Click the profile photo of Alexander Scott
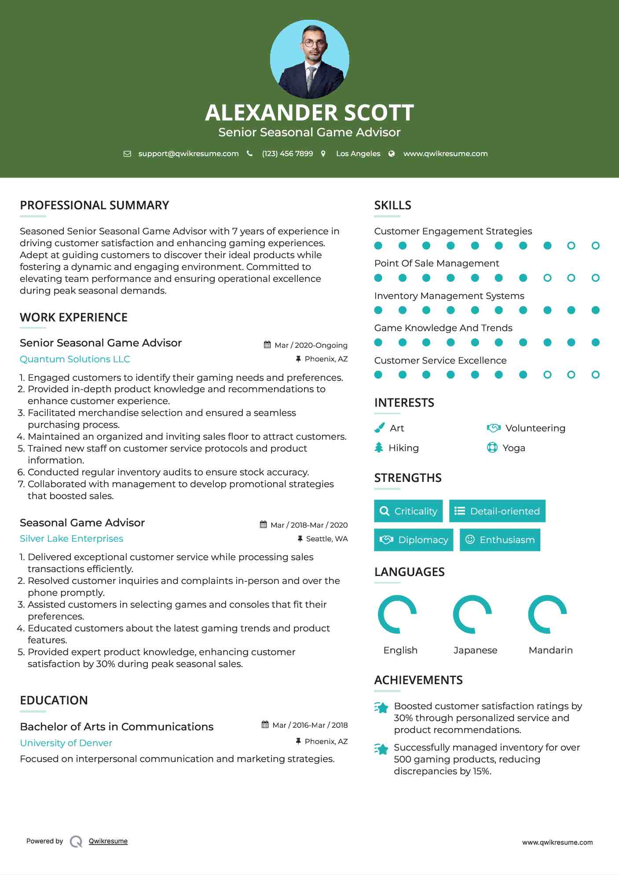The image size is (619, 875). (309, 59)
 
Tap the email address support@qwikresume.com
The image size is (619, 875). (188, 153)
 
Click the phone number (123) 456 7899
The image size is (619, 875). (287, 153)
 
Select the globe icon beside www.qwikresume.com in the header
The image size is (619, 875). (392, 153)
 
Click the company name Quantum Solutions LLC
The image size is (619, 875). (75, 359)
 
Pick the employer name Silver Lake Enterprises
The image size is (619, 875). (71, 539)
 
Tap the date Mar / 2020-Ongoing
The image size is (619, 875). (311, 345)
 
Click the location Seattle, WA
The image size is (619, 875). (326, 539)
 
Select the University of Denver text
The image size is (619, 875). (66, 743)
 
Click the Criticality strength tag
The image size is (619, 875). (408, 511)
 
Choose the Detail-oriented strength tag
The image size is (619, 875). (497, 511)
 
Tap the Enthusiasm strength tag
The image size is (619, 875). (500, 540)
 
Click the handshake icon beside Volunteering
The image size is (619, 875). (494, 428)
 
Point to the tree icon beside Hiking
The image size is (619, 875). (379, 448)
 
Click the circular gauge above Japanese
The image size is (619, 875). (472, 614)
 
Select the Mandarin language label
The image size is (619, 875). (550, 650)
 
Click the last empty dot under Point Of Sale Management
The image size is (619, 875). (595, 278)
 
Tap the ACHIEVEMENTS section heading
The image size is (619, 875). (418, 680)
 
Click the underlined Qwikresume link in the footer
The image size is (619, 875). (108, 841)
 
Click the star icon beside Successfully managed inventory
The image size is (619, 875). (381, 749)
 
